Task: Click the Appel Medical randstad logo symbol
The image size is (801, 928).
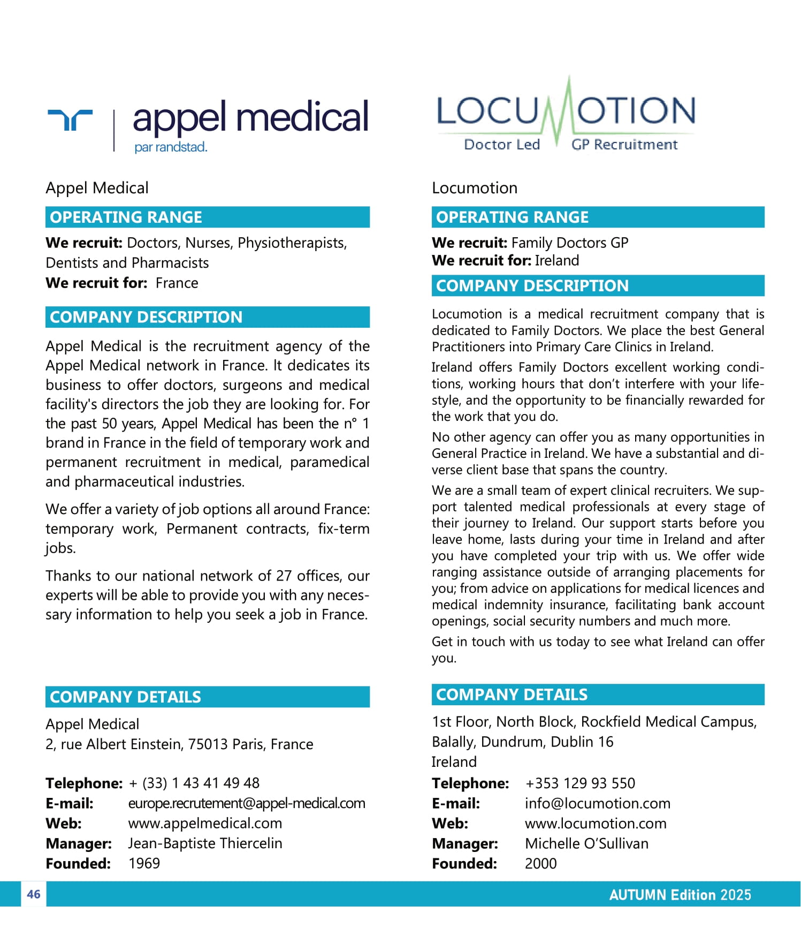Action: click(x=70, y=119)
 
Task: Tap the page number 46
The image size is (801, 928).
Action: click(x=34, y=894)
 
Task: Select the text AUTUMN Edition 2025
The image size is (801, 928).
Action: click(x=680, y=895)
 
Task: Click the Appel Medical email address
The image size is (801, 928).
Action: click(x=247, y=803)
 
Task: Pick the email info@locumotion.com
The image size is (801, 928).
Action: click(x=597, y=803)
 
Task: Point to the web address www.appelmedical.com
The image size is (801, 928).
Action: click(x=205, y=823)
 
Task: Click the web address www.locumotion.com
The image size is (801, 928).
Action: click(x=596, y=823)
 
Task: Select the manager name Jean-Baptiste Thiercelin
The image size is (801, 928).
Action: click(x=205, y=843)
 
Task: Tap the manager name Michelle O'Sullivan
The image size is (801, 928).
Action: click(x=586, y=843)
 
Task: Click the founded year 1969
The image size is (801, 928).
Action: click(x=144, y=863)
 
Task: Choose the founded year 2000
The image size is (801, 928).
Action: click(x=540, y=863)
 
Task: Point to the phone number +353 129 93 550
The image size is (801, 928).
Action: click(x=580, y=783)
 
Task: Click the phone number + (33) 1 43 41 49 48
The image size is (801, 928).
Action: click(x=194, y=783)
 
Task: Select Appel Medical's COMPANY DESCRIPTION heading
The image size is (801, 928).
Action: click(x=146, y=317)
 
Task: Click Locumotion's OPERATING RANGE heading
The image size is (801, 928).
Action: click(x=512, y=217)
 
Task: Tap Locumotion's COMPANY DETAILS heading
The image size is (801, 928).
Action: click(x=512, y=695)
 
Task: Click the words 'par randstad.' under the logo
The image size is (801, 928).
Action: click(x=171, y=147)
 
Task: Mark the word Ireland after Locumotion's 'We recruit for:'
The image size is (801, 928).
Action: click(x=557, y=261)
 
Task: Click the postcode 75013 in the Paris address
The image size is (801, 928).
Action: click(x=209, y=744)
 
